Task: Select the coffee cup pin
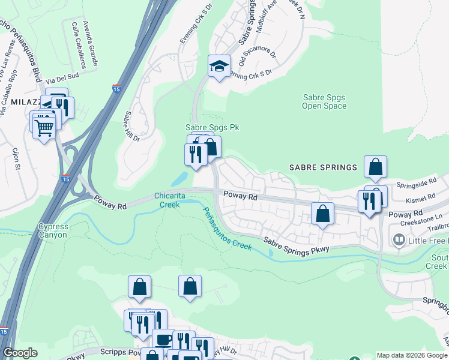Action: pos(163,340)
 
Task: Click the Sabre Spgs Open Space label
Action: pos(324,101)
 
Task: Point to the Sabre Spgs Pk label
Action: pos(207,128)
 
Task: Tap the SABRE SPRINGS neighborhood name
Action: pos(324,167)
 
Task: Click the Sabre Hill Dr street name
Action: pos(132,127)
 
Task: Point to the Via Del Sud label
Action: pos(62,77)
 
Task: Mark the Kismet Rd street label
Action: pos(420,197)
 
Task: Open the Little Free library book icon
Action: pos(398,241)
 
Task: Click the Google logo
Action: pos(20,352)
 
